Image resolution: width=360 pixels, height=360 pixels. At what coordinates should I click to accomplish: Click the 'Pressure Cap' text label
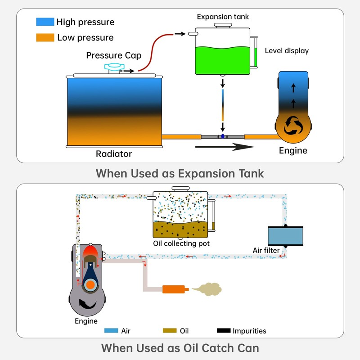tap(114, 56)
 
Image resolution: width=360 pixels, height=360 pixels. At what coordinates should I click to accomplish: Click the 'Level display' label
tap(287, 51)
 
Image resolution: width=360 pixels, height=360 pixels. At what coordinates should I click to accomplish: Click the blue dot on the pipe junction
tap(222, 136)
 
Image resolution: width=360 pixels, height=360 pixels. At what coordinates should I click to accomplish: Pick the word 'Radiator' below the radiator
tap(114, 154)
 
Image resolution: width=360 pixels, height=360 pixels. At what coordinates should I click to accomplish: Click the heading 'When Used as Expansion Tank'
tap(180, 173)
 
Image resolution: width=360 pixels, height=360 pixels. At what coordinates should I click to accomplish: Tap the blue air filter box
tap(285, 235)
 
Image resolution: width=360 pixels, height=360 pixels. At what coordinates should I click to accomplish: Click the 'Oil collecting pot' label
tap(181, 244)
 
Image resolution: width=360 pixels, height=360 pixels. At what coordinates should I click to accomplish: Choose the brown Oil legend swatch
tap(170, 331)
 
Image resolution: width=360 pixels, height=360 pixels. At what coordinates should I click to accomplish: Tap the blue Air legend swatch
tap(111, 331)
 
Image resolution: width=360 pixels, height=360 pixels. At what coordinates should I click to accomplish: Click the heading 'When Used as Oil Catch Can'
tap(180, 348)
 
